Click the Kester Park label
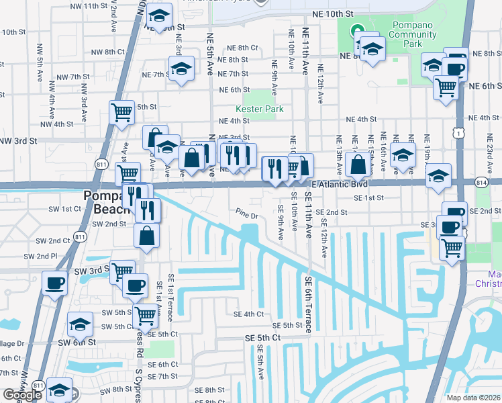pyautogui.click(x=259, y=109)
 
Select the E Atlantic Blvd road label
pyautogui.click(x=340, y=183)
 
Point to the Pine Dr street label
pyautogui.click(x=247, y=216)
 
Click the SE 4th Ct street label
pyautogui.click(x=248, y=314)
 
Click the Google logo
pyautogui.click(x=23, y=395)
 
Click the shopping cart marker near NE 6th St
pyautogui.click(x=445, y=86)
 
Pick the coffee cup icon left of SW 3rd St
pyautogui.click(x=54, y=282)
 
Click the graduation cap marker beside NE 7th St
pyautogui.click(x=181, y=68)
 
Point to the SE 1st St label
pyautogui.click(x=369, y=198)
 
